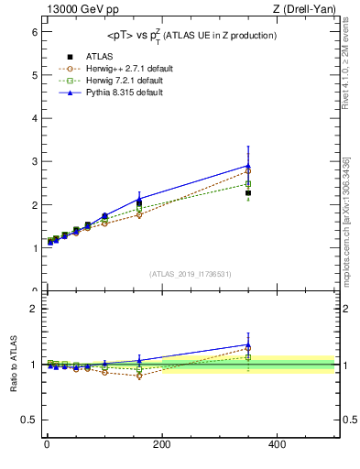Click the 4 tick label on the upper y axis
(x=34, y=118)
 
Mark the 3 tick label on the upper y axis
(x=34, y=161)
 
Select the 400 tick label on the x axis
(x=277, y=443)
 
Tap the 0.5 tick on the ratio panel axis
(x=28, y=420)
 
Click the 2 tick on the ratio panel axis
(x=34, y=309)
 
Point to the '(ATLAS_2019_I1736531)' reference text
(x=191, y=274)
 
